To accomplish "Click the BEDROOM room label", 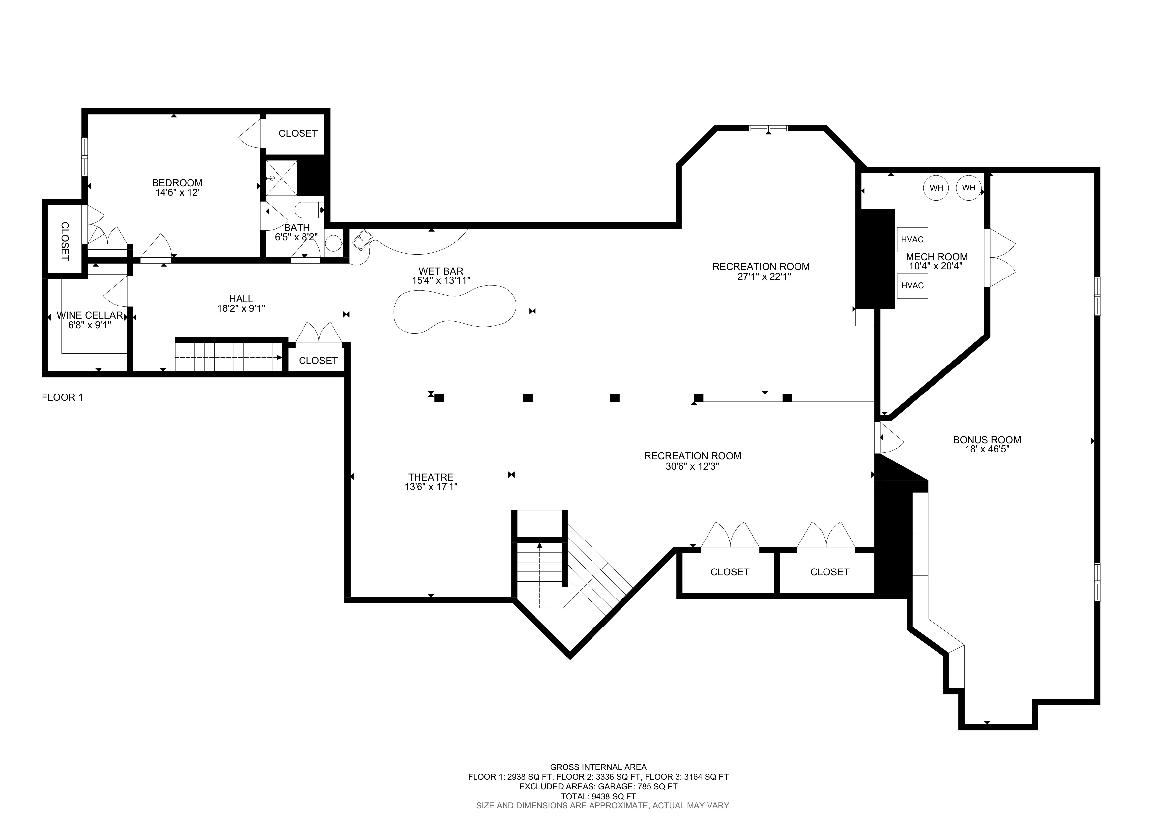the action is pyautogui.click(x=177, y=183).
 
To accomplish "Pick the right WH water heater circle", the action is pyautogui.click(x=969, y=188).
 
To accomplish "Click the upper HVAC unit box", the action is pyautogui.click(x=912, y=240).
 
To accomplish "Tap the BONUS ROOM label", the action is pyautogui.click(x=987, y=440).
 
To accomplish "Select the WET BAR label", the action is pyautogui.click(x=441, y=271).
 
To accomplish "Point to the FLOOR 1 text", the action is pyautogui.click(x=62, y=398).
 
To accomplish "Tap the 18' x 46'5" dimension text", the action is pyautogui.click(x=987, y=449).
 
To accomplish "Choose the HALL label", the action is pyautogui.click(x=241, y=299).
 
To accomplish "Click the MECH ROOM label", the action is pyautogui.click(x=937, y=257).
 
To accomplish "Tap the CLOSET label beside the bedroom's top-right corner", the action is pyautogui.click(x=298, y=133).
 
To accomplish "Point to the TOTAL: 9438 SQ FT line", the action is pyautogui.click(x=599, y=796).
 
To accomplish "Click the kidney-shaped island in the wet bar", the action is pyautogui.click(x=455, y=308).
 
